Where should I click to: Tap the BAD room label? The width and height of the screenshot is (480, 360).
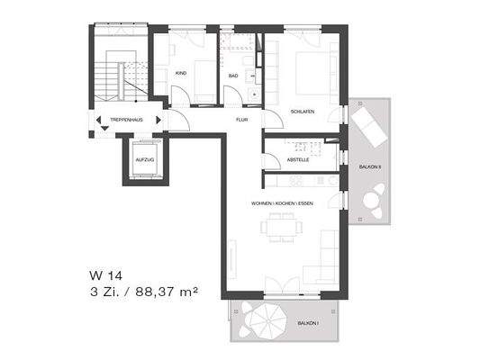click(x=233, y=76)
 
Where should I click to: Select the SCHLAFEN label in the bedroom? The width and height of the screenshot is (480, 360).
click(x=302, y=112)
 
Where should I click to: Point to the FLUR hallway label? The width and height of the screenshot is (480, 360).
click(x=241, y=118)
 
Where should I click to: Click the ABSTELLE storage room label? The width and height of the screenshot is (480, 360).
click(x=298, y=159)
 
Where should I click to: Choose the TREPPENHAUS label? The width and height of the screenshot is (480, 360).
click(x=125, y=118)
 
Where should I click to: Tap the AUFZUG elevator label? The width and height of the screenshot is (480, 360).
click(x=145, y=159)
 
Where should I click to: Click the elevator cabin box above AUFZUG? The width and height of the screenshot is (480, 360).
click(x=145, y=148)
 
